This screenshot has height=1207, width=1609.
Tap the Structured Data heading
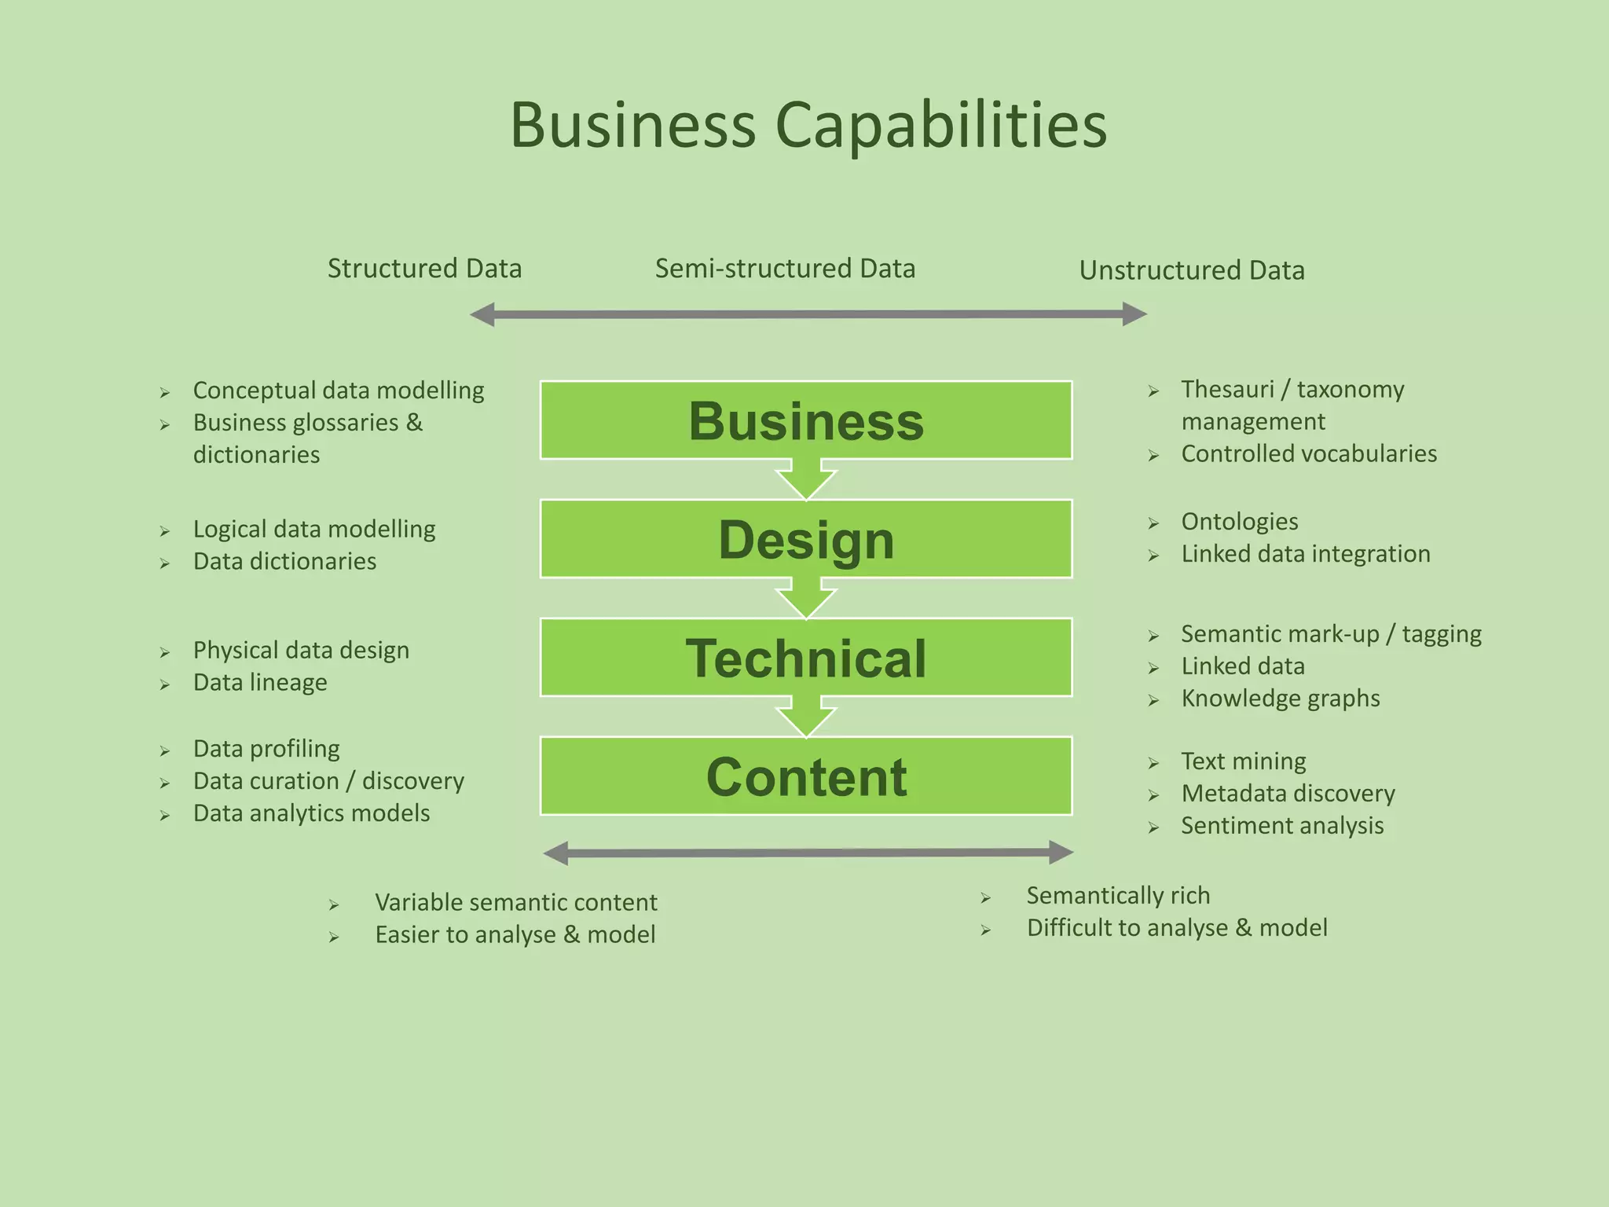coord(424,269)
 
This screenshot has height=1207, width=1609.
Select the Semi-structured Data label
coord(785,269)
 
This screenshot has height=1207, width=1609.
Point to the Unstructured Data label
coord(1191,270)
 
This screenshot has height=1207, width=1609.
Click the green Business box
coord(806,420)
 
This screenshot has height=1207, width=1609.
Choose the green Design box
coord(806,539)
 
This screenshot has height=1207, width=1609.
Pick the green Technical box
coord(806,658)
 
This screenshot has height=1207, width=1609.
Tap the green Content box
coord(806,776)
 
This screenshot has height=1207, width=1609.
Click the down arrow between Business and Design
coord(806,480)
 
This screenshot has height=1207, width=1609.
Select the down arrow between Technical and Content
coord(806,717)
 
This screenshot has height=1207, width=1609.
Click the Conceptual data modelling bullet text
coord(339,391)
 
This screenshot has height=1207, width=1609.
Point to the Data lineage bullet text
coord(260,682)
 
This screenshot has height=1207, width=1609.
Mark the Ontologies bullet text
coord(1239,522)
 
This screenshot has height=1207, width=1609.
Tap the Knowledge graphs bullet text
coord(1280,699)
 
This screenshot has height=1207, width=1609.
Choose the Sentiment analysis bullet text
coord(1282,826)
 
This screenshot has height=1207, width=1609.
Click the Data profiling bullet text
coord(266,749)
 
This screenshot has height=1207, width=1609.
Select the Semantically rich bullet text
coord(1118,896)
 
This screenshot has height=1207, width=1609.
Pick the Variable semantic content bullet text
coord(515,902)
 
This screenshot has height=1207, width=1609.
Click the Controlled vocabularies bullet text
coord(1309,454)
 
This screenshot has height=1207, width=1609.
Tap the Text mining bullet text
coord(1244,761)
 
